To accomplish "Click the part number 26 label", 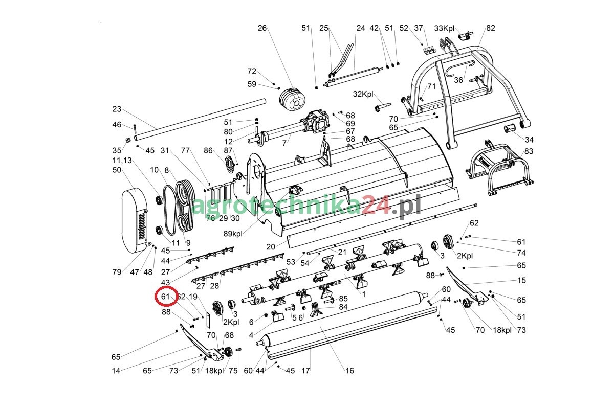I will click(x=262, y=29).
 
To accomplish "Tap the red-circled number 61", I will click(x=165, y=297).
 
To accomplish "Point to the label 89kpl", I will click(x=233, y=234).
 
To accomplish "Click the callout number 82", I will click(x=491, y=29).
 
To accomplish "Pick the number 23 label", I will click(x=117, y=109).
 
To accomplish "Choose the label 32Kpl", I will click(x=363, y=94).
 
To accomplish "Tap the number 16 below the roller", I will click(x=349, y=371).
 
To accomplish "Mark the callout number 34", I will click(x=529, y=140).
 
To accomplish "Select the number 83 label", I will click(x=529, y=151).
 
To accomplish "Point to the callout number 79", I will click(x=117, y=272).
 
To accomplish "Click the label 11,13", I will click(x=122, y=160).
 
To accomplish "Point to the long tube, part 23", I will click(x=200, y=119).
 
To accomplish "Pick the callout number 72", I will click(x=252, y=72).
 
